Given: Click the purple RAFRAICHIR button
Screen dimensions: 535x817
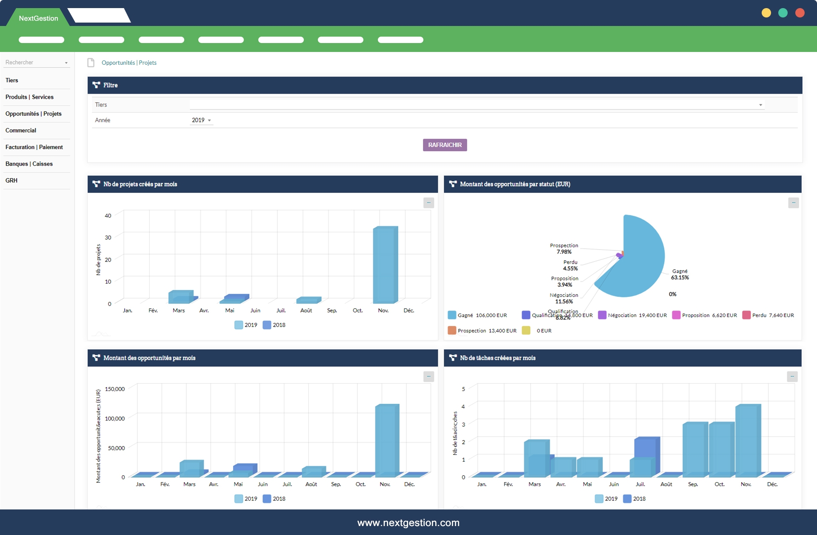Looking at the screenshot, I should pos(445,145).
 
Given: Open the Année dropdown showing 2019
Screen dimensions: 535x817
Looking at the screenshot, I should pos(201,120).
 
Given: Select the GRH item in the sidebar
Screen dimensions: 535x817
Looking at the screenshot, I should pos(11,181).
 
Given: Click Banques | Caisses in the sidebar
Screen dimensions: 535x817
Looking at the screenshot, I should pos(29,164).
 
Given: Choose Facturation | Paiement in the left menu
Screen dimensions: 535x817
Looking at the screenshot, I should pos(34,147).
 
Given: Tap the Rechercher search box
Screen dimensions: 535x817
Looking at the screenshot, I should pos(36,63).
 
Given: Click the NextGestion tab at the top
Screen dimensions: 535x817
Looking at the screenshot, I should pos(38,18).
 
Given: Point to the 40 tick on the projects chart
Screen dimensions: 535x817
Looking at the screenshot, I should pos(108,216).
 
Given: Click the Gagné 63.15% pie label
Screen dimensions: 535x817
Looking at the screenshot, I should pos(680,274).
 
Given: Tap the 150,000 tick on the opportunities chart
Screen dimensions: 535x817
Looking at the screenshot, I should pos(115,389).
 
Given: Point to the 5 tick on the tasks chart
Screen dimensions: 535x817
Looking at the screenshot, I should pos(463,389).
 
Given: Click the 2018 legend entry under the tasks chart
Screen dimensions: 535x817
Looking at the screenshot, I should pos(634,499).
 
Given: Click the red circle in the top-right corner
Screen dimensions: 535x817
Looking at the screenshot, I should pos(800,13).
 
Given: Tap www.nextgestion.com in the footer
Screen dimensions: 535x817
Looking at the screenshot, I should pos(408,523).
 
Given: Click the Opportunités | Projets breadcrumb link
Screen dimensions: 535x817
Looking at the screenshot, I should pos(129,63).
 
